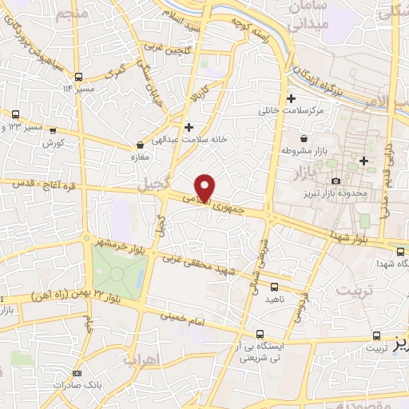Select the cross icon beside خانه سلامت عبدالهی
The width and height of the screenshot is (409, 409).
(x=189, y=127)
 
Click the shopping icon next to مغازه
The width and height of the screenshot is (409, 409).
(x=141, y=145)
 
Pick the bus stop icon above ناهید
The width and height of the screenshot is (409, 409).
(x=275, y=286)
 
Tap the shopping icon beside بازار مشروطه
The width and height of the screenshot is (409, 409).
(x=285, y=149)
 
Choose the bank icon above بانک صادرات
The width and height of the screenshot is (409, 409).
(x=77, y=373)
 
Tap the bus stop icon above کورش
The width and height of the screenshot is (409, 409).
(x=53, y=130)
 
